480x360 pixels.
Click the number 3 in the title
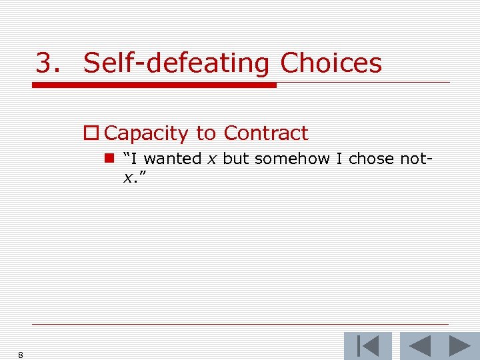(x=45, y=64)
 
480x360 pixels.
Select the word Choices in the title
(x=331, y=64)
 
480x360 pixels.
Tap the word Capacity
(x=147, y=133)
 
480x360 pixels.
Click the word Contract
(x=266, y=133)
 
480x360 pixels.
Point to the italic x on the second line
(x=127, y=177)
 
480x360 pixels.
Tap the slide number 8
(x=21, y=355)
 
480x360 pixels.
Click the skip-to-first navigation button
(x=368, y=346)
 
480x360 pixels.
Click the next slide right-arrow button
(x=459, y=346)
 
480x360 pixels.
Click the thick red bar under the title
(x=154, y=85)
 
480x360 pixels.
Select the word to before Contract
(x=206, y=133)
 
